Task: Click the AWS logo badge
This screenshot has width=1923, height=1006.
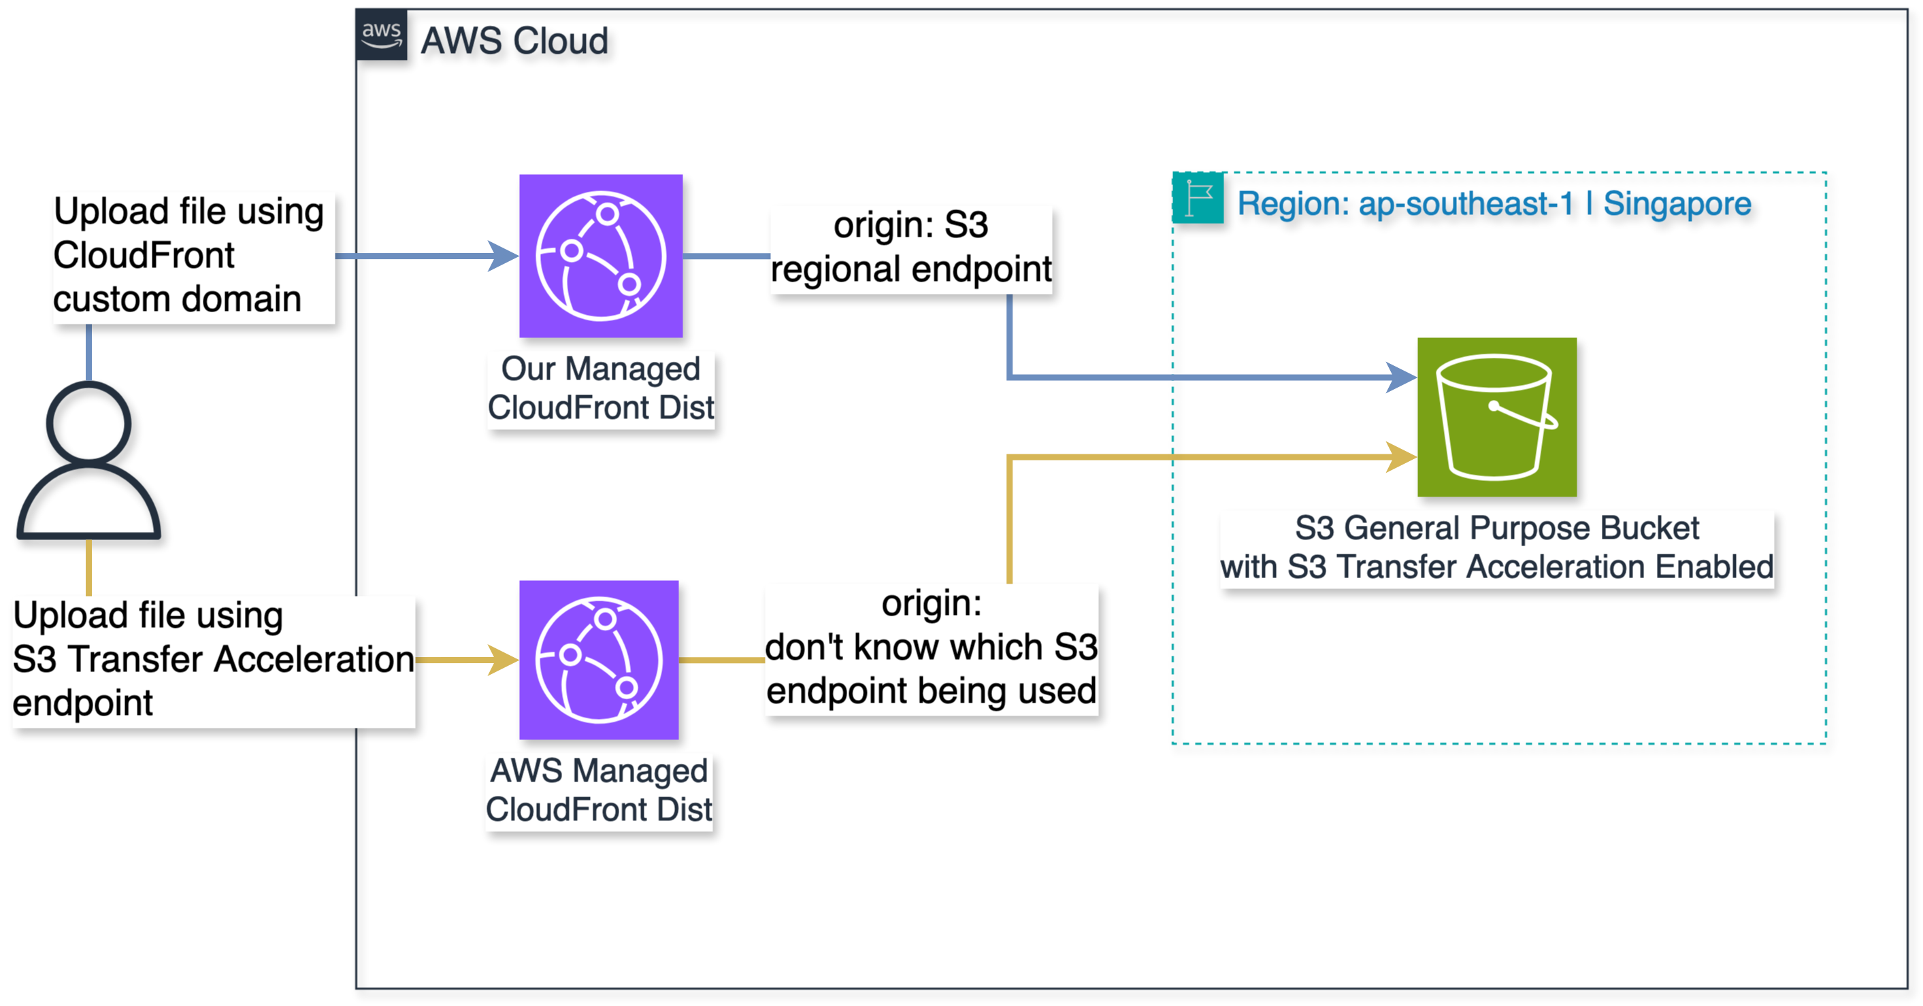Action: (382, 34)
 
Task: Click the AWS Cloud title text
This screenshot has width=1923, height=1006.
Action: (514, 40)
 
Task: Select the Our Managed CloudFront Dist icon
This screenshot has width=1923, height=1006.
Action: (601, 256)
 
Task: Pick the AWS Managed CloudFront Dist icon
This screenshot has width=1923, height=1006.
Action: (599, 660)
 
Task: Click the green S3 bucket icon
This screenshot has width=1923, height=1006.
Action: (1497, 417)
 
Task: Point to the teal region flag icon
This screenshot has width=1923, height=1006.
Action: (1198, 199)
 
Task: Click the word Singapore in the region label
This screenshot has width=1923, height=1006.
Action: (1677, 204)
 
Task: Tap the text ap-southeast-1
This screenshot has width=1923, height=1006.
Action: (1466, 204)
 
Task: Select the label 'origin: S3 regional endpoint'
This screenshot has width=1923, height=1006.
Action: (910, 248)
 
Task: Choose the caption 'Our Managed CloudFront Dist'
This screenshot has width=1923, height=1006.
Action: (601, 388)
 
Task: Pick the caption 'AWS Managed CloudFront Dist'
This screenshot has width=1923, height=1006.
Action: (599, 790)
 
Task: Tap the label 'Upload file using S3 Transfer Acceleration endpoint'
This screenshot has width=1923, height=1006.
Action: (213, 660)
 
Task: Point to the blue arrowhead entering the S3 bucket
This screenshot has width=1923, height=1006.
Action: (1401, 378)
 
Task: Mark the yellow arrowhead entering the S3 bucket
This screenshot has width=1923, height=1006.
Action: (1401, 456)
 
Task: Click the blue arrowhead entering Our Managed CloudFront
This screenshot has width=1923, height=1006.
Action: (503, 256)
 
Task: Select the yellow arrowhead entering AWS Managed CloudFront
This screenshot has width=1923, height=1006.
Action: (503, 660)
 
